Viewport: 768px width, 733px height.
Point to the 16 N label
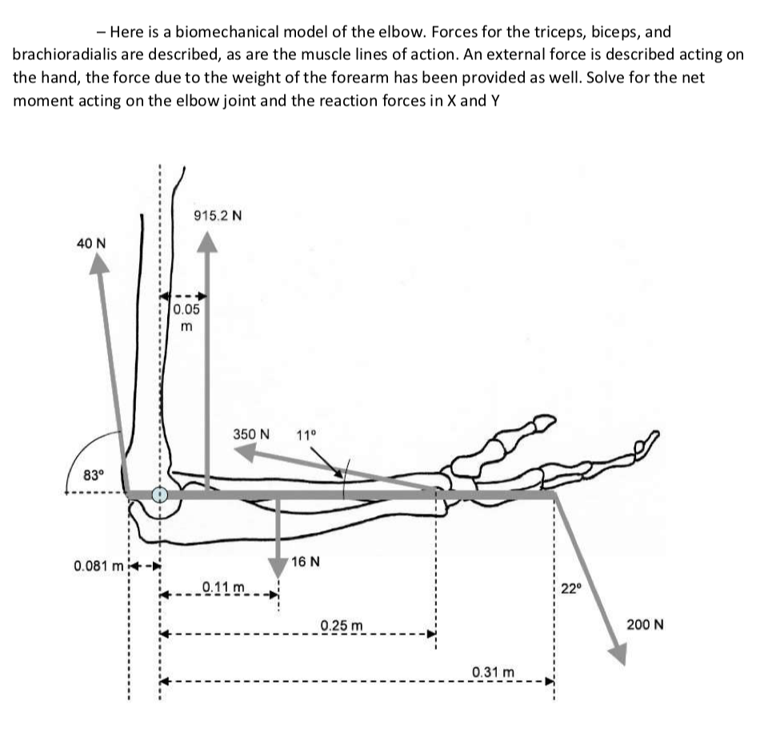(x=306, y=561)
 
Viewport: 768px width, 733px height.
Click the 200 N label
(x=645, y=624)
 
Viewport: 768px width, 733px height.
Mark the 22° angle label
(x=570, y=589)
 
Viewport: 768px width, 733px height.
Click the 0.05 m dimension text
(x=186, y=317)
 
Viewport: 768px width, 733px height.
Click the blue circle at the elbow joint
(x=160, y=495)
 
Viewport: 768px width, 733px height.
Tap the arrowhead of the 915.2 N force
(x=208, y=242)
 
